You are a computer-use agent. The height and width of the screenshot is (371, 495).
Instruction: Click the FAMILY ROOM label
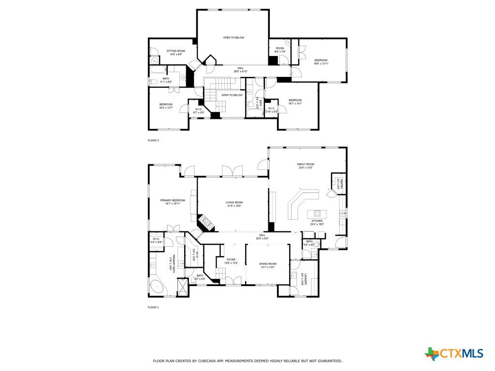click(305, 164)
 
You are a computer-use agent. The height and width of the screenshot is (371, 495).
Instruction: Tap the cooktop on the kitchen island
click(318, 213)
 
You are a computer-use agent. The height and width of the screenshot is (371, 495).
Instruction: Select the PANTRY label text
click(341, 184)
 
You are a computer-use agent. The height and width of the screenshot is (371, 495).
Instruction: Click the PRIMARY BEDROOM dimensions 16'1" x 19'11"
click(173, 204)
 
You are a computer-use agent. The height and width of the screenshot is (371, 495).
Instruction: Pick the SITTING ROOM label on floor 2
click(175, 51)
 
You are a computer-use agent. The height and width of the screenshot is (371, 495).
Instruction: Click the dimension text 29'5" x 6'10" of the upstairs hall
click(240, 71)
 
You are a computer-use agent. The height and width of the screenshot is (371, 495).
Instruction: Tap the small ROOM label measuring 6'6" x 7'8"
click(280, 48)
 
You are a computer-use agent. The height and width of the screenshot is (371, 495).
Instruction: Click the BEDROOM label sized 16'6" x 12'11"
click(320, 60)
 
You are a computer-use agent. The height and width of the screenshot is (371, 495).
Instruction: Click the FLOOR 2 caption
click(153, 141)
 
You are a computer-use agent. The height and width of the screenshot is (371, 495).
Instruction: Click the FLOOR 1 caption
click(153, 307)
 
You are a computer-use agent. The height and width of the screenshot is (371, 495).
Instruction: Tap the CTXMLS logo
click(454, 354)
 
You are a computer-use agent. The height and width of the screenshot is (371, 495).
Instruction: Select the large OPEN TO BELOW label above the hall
click(233, 38)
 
